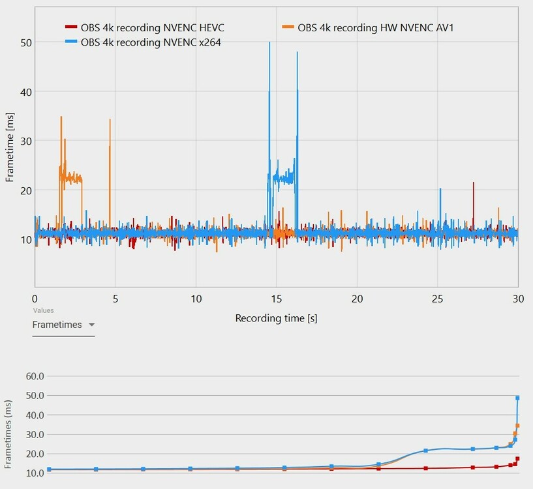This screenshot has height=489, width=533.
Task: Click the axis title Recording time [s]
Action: (276, 318)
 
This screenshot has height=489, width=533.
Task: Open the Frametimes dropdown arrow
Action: (91, 325)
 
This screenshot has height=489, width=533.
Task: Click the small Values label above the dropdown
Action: (43, 310)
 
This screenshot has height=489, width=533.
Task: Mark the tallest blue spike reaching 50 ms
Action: (269, 43)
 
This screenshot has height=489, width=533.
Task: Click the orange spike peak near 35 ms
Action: (61, 117)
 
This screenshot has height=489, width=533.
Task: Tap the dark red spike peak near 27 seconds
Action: (474, 183)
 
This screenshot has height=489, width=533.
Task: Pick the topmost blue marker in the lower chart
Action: (517, 398)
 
